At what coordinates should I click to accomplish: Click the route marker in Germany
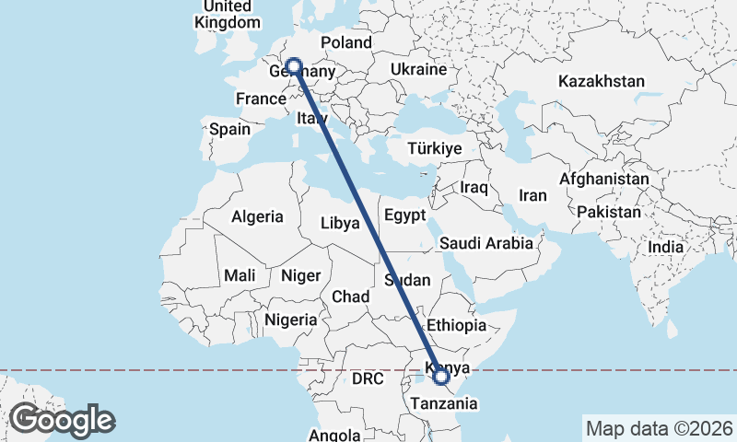point(294,66)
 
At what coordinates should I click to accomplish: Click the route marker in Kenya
point(441,376)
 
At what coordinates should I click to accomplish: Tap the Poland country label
point(345,42)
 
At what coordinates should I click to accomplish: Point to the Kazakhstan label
point(601,81)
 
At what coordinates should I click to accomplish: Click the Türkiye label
point(434,148)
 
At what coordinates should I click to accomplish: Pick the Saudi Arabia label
point(485,243)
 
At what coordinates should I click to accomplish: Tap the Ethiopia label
point(456,325)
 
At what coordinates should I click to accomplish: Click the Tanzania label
point(445,403)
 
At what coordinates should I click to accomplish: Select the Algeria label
point(257,217)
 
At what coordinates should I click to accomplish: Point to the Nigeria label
point(290,320)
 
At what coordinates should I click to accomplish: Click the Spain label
point(229,129)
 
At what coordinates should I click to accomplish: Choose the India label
point(665,247)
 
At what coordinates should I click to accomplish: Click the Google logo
point(62,420)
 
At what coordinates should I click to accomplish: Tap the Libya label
point(340,223)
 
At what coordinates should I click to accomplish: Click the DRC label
point(367,378)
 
